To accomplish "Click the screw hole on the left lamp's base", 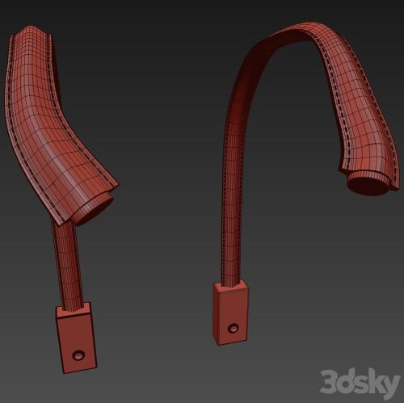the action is pos(78,355).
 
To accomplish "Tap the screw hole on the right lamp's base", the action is pos(233,328).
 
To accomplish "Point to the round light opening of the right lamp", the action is pos(368,185).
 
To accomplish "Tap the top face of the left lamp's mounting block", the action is pos(73,310).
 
